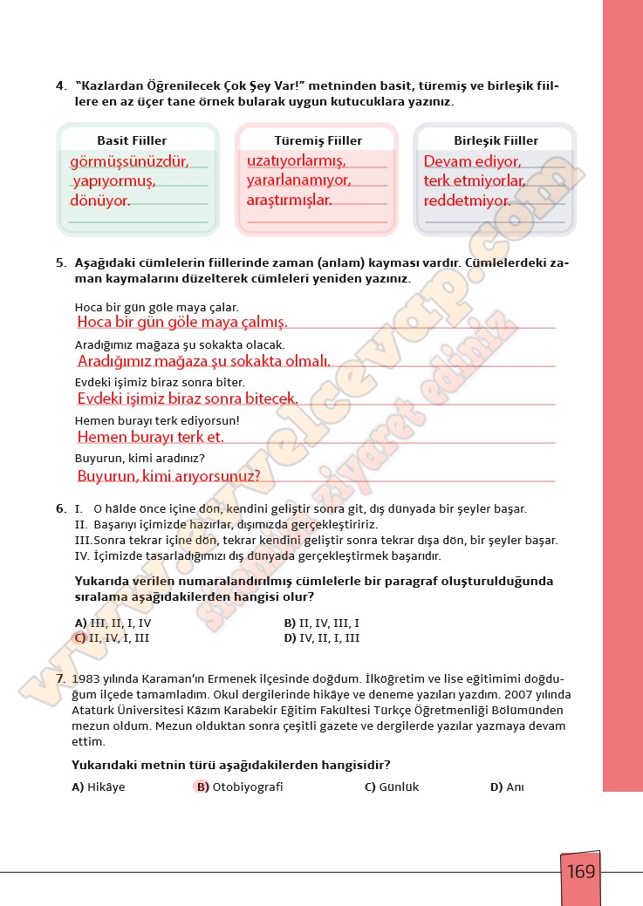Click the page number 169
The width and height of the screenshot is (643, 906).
580,871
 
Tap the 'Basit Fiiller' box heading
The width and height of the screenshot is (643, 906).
132,140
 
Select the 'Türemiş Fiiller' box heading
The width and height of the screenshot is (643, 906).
318,140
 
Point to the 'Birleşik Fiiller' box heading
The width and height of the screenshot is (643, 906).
496,140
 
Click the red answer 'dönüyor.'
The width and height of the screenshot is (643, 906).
100,201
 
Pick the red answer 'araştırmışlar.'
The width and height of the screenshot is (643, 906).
290,200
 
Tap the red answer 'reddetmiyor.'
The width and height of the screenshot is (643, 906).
468,201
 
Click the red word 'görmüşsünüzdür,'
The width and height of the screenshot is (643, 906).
129,161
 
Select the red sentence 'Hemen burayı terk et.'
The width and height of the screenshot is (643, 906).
151,437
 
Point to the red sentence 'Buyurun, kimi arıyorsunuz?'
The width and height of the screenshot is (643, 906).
169,476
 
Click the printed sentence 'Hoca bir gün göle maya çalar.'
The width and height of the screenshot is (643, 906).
157,307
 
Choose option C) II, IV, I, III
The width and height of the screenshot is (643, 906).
113,638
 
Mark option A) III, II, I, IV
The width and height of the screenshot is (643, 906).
113,623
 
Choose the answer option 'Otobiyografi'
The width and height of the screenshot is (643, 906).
247,787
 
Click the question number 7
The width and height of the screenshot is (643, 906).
59,678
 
